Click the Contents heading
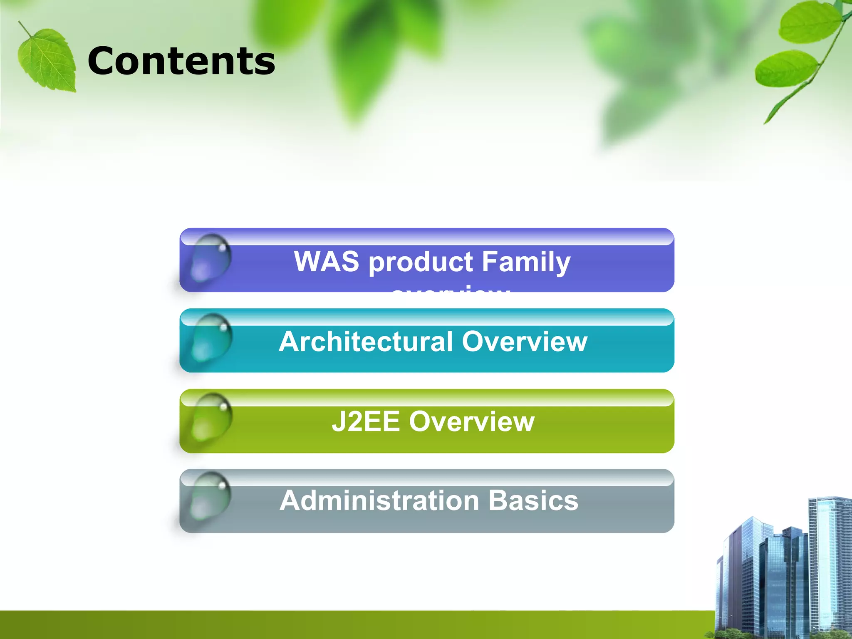pos(181,61)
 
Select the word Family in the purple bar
pos(526,262)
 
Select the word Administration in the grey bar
pos(379,500)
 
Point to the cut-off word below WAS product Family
pos(451,289)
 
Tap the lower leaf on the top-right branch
pos(786,69)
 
